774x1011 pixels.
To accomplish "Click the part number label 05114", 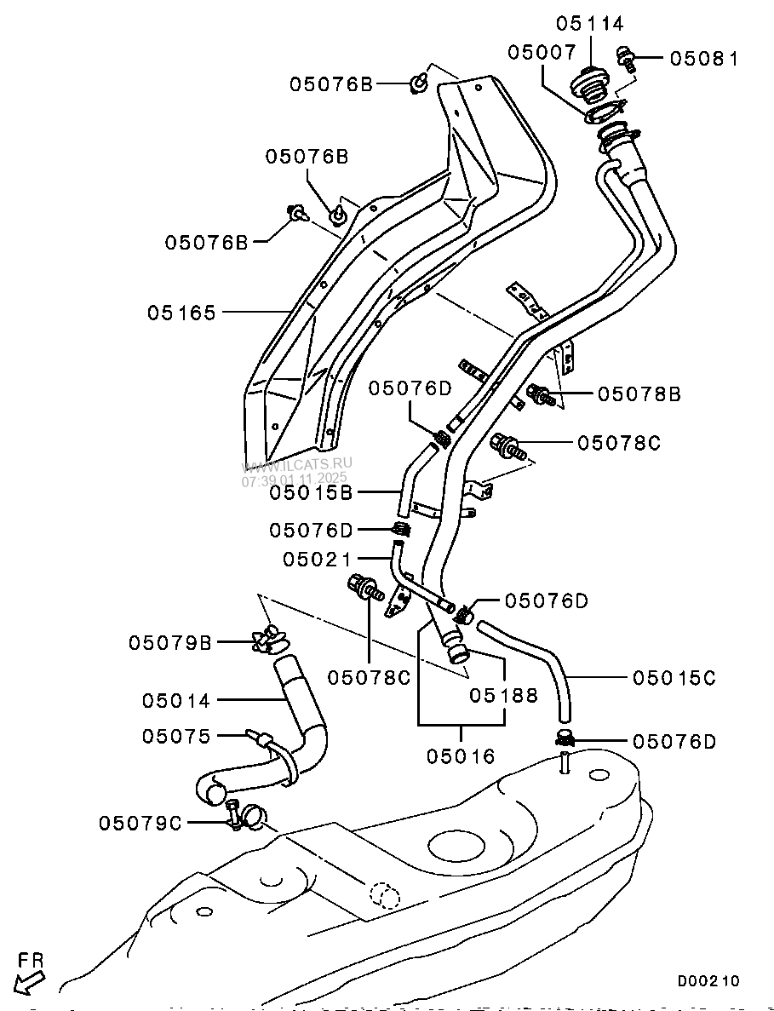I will pyautogui.click(x=590, y=23).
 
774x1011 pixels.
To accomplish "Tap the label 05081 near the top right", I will pyautogui.click(x=703, y=59).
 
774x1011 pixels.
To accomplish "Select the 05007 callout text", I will pyautogui.click(x=542, y=52).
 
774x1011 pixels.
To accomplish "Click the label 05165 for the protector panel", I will pyautogui.click(x=181, y=313).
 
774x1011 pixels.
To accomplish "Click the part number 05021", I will pyautogui.click(x=318, y=559).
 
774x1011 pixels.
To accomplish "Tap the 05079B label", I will pyautogui.click(x=169, y=642).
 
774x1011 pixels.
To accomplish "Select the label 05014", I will pyautogui.click(x=176, y=700).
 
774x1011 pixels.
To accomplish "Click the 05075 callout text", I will pyautogui.click(x=176, y=736).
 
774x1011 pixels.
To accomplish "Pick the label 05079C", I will pyautogui.click(x=140, y=823).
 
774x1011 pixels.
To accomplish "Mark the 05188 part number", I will pyautogui.click(x=504, y=695).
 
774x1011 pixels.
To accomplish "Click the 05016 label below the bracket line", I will pyautogui.click(x=461, y=755).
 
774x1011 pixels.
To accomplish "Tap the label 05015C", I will pyautogui.click(x=674, y=678).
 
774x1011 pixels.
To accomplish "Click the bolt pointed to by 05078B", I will pyautogui.click(x=540, y=394).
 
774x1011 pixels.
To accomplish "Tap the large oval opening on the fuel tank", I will pyautogui.click(x=458, y=846).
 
